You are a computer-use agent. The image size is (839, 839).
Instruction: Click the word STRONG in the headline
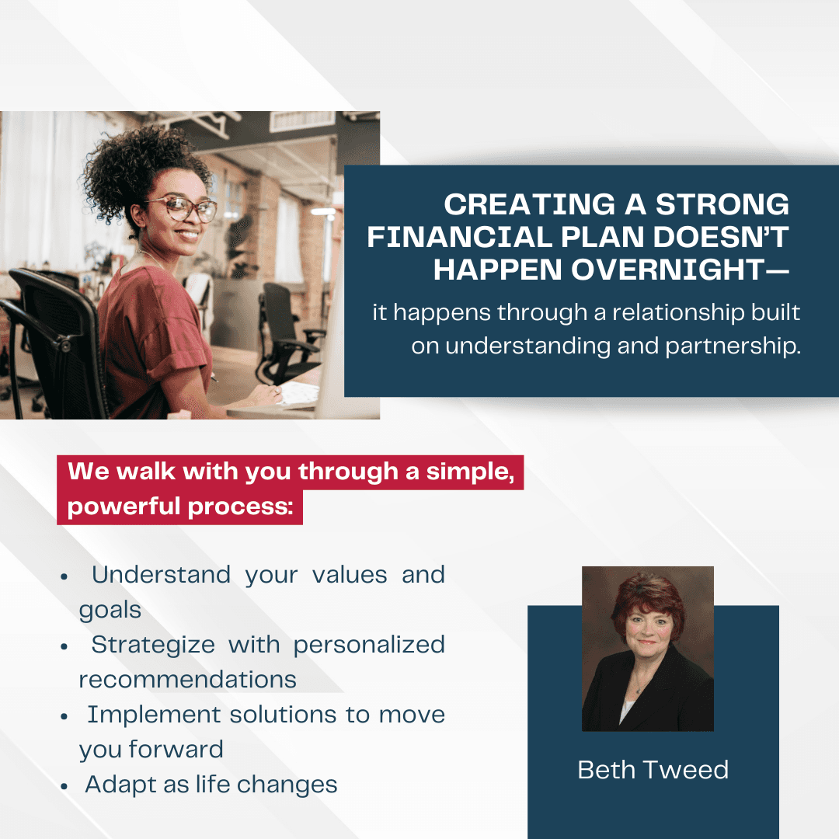coord(722,204)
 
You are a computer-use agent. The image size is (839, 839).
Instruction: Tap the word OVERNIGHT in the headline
coord(668,269)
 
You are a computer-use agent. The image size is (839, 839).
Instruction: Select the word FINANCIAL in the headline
coord(460,237)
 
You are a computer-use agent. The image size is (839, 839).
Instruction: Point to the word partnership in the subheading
coord(733,346)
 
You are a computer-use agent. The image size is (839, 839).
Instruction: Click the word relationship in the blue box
coord(677,312)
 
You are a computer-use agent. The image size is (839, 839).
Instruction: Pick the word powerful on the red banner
coord(124,507)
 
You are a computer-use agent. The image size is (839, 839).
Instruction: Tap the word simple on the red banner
coord(470,472)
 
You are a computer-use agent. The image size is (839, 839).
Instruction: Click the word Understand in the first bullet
coord(161,575)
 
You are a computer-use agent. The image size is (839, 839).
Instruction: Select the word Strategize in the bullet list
coord(153,645)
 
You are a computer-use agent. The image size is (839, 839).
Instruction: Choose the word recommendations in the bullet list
coord(188,680)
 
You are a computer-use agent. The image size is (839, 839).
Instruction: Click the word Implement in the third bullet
coord(154,715)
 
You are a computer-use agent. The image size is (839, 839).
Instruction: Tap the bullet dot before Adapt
coord(64,786)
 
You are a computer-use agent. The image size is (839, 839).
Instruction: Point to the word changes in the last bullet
coord(287,785)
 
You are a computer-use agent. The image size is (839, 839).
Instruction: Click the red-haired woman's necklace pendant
coord(638,691)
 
